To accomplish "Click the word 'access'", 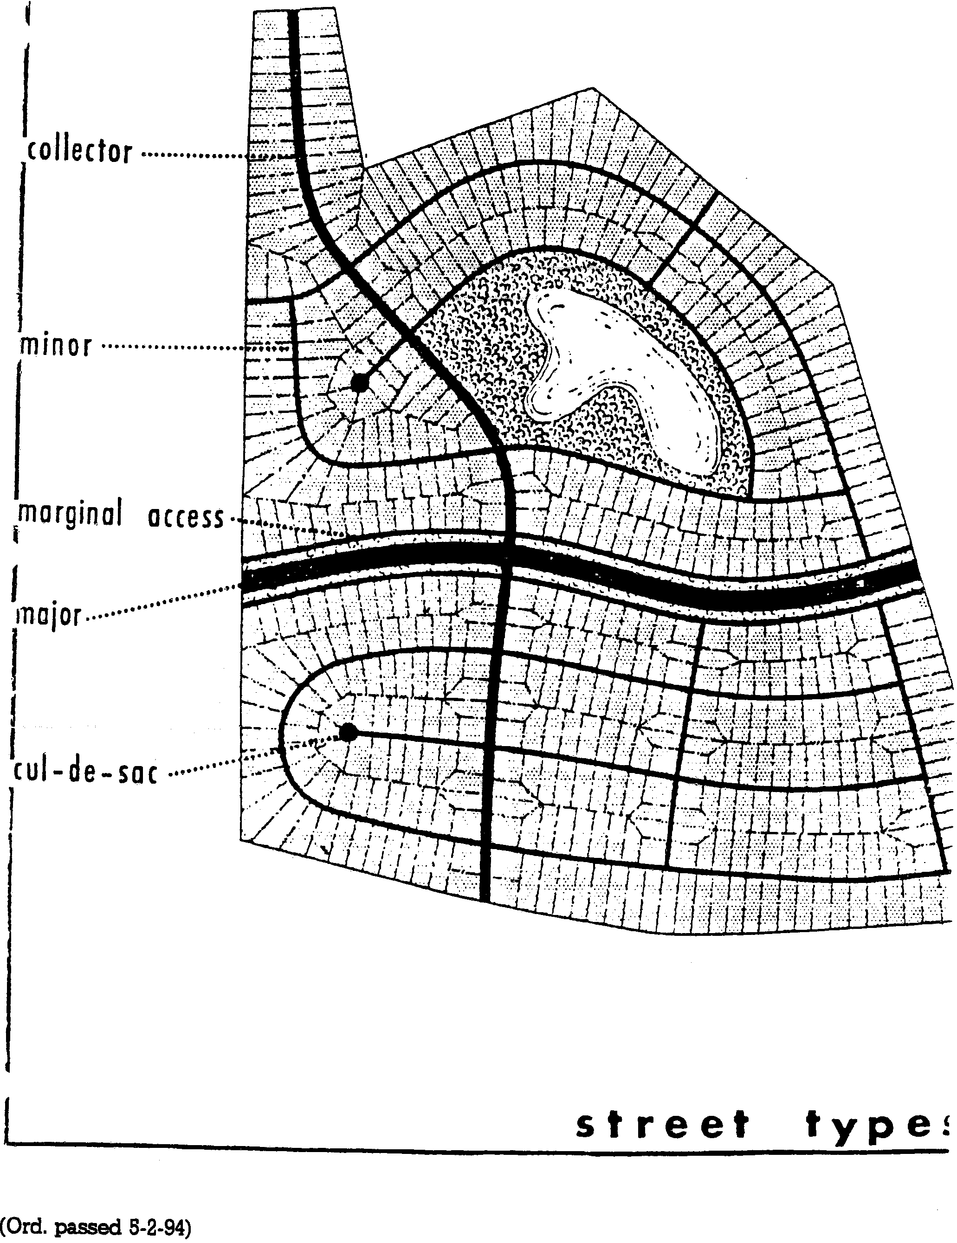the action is click(186, 518).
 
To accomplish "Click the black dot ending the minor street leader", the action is click(359, 382).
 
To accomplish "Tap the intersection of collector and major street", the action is click(508, 551).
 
